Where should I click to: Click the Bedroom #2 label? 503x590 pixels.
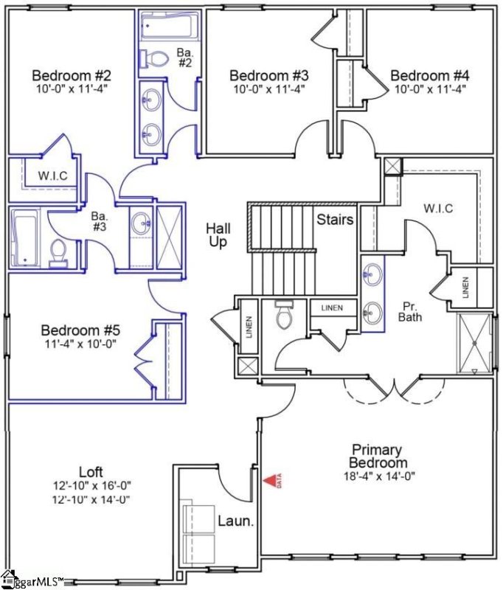coord(72,75)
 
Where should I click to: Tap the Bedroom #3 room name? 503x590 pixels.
coord(268,75)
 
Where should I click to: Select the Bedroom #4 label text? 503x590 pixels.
coord(429,75)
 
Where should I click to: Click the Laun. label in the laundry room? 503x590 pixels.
coord(235,521)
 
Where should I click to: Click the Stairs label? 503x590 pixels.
coord(335,220)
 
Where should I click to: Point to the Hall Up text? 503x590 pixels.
coord(218,235)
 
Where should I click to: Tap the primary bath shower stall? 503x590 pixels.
coord(474,344)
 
